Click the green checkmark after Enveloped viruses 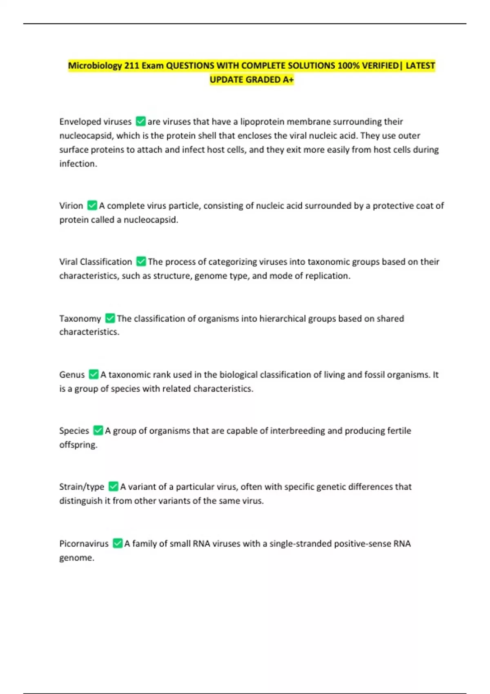[x=140, y=121]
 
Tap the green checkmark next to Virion [x=92, y=205]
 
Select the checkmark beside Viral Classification [x=141, y=261]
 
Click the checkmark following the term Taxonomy [x=110, y=318]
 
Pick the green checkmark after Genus [x=94, y=374]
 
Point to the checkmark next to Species [x=98, y=430]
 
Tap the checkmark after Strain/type [x=113, y=487]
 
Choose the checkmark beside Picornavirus [x=118, y=543]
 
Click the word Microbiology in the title [x=95, y=65]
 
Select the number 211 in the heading [x=132, y=65]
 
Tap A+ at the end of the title [x=288, y=80]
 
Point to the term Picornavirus [x=84, y=543]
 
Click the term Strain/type [x=82, y=487]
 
